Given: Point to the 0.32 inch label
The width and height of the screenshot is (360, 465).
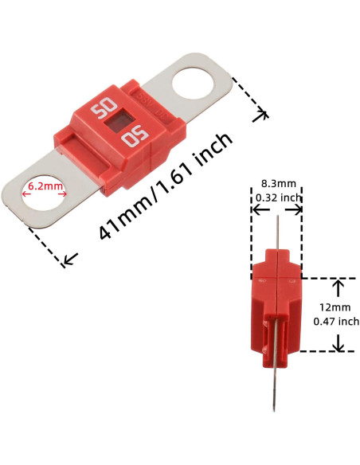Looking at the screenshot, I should point(276,197).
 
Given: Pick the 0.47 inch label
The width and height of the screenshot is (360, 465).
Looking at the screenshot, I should point(335,321).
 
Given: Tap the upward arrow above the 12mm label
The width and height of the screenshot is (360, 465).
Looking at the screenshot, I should point(338,286).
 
